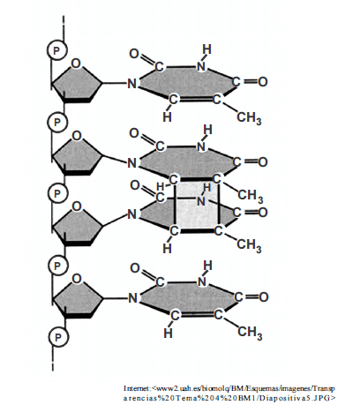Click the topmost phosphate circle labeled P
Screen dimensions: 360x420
coord(57,50)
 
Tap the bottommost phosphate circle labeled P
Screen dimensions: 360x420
coord(58,337)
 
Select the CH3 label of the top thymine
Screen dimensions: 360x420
coord(249,118)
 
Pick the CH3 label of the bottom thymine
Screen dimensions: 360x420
coord(250,333)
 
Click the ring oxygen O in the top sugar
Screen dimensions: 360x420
coord(76,64)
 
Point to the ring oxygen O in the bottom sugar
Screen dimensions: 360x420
coord(77,278)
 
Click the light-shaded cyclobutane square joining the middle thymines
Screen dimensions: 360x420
coord(197,205)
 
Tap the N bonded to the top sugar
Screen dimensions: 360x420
coord(132,84)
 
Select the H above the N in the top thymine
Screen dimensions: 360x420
coord(207,49)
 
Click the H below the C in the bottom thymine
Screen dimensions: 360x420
coord(168,333)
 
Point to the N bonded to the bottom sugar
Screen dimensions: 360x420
coord(132,298)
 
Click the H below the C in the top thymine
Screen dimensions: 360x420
coord(167,117)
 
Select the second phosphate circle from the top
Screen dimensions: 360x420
coord(57,122)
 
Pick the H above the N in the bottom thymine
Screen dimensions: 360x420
coord(207,266)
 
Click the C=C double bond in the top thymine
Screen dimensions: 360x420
coord(195,99)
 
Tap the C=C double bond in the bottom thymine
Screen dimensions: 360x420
coord(196,315)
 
